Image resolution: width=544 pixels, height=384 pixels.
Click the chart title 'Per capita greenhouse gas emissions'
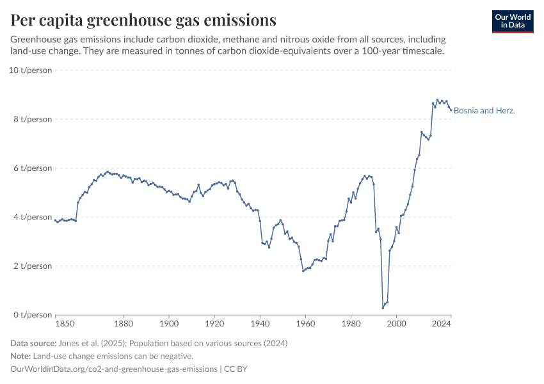tap(143, 20)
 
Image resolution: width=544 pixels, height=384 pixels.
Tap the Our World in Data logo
tap(513, 21)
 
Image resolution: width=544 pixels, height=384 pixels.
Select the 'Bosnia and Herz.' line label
tap(484, 111)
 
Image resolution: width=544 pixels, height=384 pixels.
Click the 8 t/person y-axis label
tap(31, 119)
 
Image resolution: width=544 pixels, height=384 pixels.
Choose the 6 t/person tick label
tap(31, 168)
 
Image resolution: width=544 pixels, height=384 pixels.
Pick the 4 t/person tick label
tap(31, 217)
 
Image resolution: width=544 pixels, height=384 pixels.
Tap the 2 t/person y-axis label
tap(31, 266)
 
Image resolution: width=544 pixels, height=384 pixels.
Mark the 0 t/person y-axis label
tap(31, 315)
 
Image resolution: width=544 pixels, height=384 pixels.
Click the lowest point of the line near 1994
tap(383, 308)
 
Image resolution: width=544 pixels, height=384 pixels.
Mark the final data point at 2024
tap(451, 110)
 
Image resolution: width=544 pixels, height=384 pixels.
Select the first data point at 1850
tap(56, 220)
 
